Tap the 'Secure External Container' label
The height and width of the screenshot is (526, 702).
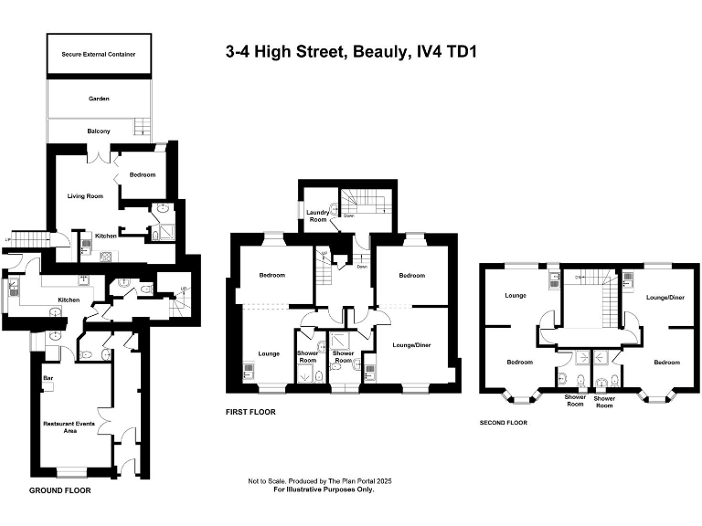(x=99, y=55)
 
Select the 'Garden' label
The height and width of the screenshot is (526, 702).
(x=99, y=98)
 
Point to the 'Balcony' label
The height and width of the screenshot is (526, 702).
(x=99, y=131)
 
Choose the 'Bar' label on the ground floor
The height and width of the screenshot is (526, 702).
(x=47, y=376)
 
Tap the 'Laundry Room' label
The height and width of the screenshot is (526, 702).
(x=317, y=216)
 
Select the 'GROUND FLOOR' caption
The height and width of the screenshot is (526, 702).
(x=59, y=490)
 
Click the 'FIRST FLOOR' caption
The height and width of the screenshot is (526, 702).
(x=250, y=412)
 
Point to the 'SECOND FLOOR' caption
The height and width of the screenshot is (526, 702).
(x=504, y=423)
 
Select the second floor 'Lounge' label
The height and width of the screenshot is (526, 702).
(x=518, y=296)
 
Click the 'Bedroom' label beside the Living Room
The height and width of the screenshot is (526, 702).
(x=142, y=174)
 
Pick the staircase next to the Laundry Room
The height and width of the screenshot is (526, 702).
(x=364, y=200)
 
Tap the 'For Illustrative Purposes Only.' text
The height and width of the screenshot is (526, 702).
(x=324, y=489)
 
